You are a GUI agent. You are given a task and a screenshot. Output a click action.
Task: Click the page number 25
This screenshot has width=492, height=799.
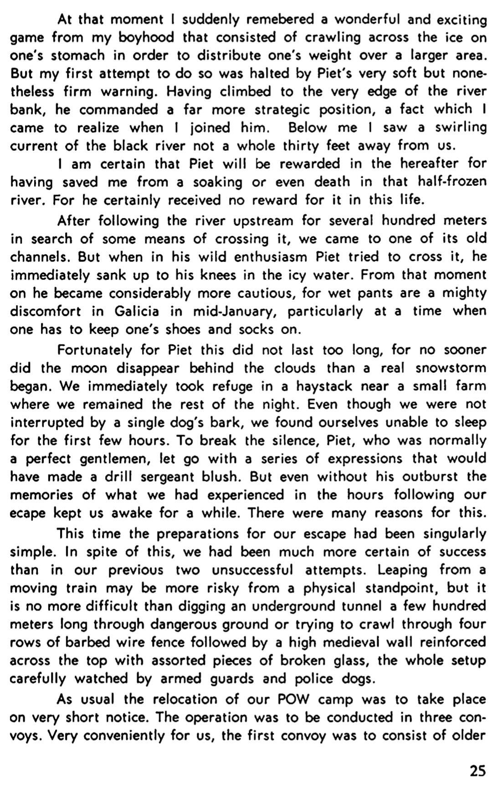point(477,771)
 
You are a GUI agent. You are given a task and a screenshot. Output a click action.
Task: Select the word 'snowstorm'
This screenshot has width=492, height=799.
point(451,368)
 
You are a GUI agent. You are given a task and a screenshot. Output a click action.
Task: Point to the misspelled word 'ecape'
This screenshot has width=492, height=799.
point(28,513)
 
